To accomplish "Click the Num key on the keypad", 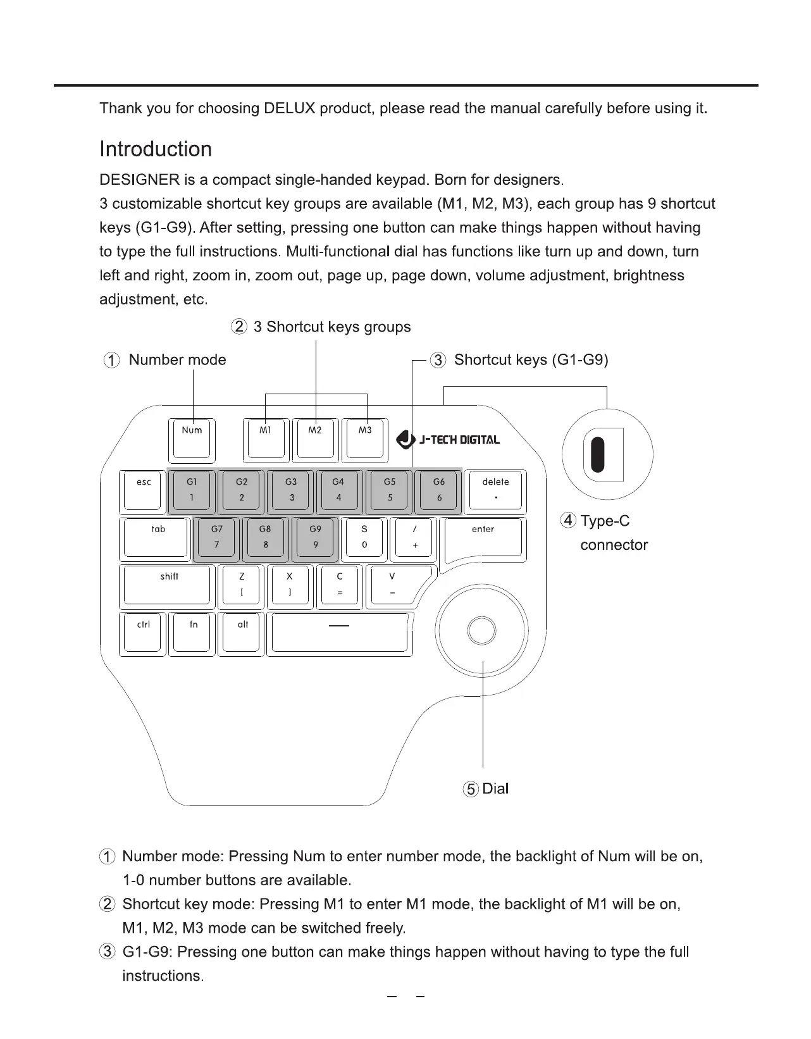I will point(192,439).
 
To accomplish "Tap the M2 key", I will point(314,439).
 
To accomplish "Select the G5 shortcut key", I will point(390,490).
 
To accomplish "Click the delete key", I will point(495,490).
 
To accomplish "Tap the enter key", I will point(483,538).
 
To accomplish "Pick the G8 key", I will point(265,538).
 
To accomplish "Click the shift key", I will point(167,585).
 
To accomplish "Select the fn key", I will point(192,633).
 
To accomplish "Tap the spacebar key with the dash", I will point(340,633).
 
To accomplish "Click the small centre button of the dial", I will point(481,630).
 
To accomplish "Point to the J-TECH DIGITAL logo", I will point(448,439).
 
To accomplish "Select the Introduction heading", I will point(156,149).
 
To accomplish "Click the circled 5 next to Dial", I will point(471,789).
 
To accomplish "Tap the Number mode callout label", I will point(177,360).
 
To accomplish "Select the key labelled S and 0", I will point(364,538).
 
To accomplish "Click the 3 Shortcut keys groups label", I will point(331,327).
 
